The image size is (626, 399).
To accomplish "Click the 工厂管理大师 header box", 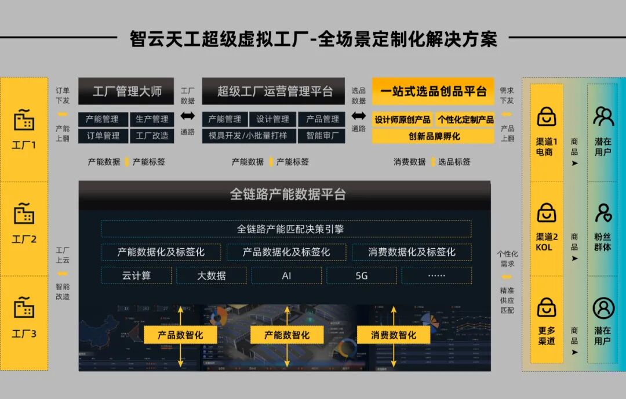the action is click(127, 91).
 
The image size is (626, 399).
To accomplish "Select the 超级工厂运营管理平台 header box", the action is click(273, 91).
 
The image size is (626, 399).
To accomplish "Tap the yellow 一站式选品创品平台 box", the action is click(432, 91).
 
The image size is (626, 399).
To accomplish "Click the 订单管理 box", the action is click(103, 136).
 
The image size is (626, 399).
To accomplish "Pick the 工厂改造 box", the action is click(152, 136).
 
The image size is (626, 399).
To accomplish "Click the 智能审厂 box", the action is click(322, 136).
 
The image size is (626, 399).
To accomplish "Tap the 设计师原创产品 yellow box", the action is click(402, 119).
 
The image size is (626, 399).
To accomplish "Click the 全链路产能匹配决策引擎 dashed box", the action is click(286, 228).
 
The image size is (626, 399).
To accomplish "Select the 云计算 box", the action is click(136, 275).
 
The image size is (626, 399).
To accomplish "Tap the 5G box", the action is click(362, 275).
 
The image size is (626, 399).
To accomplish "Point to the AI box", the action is click(286, 275).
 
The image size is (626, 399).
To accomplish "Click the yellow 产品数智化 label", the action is click(180, 335).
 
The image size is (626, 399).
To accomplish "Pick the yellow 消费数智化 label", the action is click(394, 335).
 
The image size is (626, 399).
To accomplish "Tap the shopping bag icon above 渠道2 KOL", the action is click(547, 212).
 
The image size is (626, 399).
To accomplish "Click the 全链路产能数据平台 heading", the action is click(286, 194).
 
